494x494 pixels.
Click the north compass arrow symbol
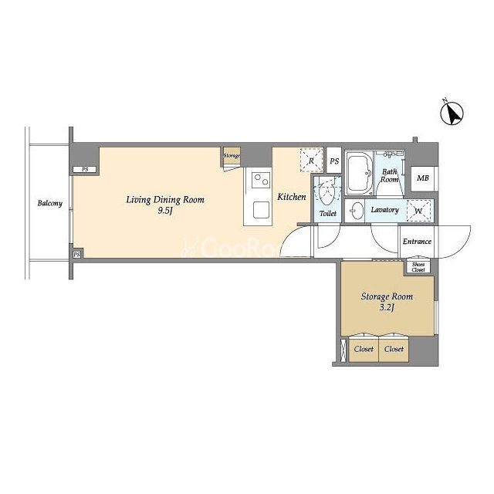(x=452, y=113)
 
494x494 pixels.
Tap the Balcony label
(x=49, y=203)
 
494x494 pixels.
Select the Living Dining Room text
(x=165, y=200)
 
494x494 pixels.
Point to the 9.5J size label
(x=165, y=211)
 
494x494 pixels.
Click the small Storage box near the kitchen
(x=232, y=156)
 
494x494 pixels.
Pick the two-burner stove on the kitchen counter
(x=261, y=180)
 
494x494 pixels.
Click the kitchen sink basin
(x=261, y=209)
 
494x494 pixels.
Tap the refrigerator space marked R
(x=311, y=160)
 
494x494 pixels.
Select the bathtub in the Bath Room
(x=359, y=173)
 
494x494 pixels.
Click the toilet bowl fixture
(x=327, y=194)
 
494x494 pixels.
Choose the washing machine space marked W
(x=418, y=211)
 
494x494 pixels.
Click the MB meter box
(x=423, y=178)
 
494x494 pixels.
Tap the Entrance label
(x=417, y=242)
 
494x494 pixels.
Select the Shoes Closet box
(x=418, y=267)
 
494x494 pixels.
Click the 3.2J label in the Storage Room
(x=387, y=308)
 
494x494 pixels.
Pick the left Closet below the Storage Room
(x=364, y=349)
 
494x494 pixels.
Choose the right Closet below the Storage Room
(x=394, y=349)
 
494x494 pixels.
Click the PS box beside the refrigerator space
(x=334, y=161)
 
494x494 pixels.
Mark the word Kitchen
(x=292, y=197)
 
